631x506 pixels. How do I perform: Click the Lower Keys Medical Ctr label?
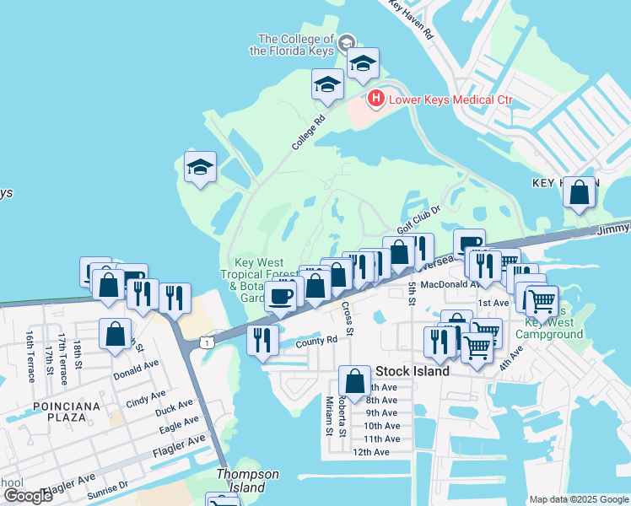click(450, 100)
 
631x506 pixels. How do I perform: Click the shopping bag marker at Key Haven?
click(580, 193)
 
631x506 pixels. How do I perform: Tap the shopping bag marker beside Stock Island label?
click(355, 379)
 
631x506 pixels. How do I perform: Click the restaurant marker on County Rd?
click(263, 339)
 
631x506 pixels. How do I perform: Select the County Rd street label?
click(316, 340)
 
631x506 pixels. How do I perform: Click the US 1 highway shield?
click(205, 342)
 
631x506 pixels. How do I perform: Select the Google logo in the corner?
click(29, 496)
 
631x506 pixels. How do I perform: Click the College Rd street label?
click(309, 133)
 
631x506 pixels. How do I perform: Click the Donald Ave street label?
click(137, 369)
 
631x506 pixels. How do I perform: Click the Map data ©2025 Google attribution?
click(579, 499)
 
